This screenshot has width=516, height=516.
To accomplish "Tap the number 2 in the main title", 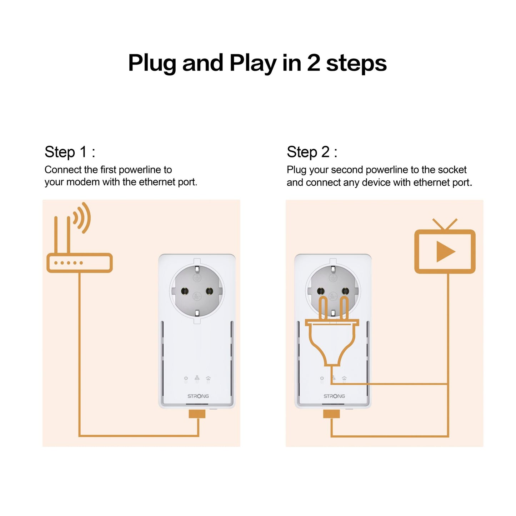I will [313, 63].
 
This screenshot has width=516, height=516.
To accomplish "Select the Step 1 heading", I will [70, 152].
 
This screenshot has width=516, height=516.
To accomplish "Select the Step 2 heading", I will [312, 152].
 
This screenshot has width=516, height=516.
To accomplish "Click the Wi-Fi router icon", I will [79, 263].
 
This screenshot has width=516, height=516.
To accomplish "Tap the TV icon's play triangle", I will [445, 251].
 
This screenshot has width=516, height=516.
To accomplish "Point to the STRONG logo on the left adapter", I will [198, 396].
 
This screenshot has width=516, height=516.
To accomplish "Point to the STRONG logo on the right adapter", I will [334, 396].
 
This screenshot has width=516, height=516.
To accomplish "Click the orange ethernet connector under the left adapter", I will [197, 414].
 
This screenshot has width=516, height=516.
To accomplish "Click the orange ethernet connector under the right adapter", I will [331, 414].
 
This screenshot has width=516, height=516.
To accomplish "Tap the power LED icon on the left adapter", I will [186, 378].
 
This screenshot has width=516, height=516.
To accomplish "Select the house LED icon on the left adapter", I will [208, 378].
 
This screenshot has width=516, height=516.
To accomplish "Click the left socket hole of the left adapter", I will [185, 291].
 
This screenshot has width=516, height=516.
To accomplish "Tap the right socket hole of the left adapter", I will [209, 291].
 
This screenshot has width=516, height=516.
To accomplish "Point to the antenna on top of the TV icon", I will [445, 224].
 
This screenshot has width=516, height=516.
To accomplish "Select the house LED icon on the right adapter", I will [344, 378].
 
